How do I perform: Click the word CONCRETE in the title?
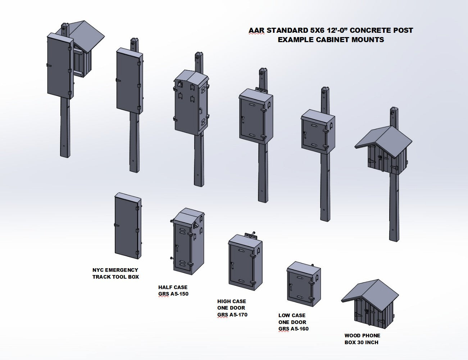(367, 31)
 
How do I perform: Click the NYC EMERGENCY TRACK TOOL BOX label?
(115, 273)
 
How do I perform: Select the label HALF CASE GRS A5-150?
(173, 291)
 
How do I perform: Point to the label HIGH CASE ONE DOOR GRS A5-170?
(232, 308)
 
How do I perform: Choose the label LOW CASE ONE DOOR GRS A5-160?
(293, 322)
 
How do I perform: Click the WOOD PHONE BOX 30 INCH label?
(362, 339)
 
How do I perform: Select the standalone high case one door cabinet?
(245, 263)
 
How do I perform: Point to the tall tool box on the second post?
(129, 83)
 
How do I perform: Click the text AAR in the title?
(257, 31)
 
